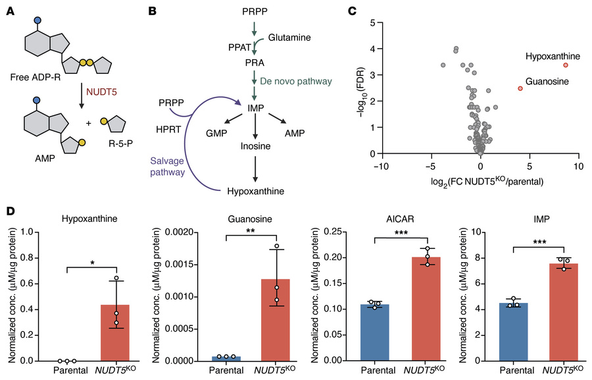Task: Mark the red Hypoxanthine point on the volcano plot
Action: click(x=566, y=65)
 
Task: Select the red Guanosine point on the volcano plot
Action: click(x=520, y=88)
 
